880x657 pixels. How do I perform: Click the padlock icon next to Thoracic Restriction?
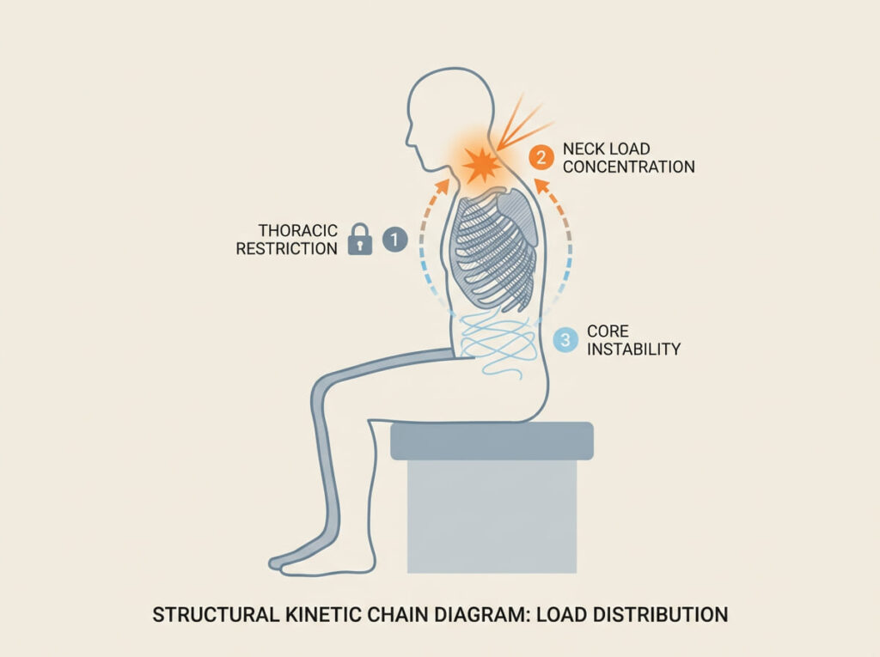pos(359,241)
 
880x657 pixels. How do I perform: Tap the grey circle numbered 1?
pos(394,240)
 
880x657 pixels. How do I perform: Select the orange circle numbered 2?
pos(540,157)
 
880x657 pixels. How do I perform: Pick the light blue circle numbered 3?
pos(565,339)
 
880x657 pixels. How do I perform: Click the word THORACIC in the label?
pos(298,230)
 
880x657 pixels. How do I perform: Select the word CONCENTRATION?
pos(628,167)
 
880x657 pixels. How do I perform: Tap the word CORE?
pos(608,331)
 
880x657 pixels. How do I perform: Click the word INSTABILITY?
pos(633,349)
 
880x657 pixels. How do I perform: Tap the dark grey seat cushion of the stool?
pos(492,441)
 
